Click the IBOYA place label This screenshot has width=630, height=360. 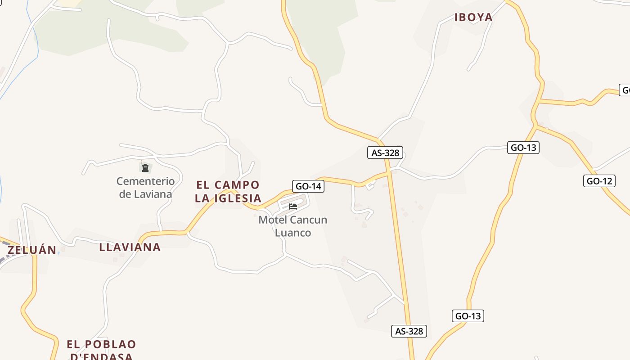[x=473, y=18]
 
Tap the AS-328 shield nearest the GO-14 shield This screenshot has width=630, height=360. [x=385, y=153]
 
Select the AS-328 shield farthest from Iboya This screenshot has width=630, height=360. [x=409, y=331]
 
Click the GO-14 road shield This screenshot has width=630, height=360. [x=308, y=186]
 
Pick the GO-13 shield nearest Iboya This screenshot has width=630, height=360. [x=523, y=147]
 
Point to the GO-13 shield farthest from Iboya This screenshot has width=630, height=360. [x=468, y=316]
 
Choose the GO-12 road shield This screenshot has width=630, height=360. [x=599, y=181]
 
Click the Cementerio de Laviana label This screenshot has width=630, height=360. [x=145, y=188]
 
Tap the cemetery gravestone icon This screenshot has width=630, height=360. [x=145, y=168]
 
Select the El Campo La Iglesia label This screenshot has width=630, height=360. [x=228, y=192]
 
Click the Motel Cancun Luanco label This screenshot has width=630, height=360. [x=293, y=226]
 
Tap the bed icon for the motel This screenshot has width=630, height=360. [x=293, y=207]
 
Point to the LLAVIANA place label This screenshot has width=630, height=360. [x=130, y=247]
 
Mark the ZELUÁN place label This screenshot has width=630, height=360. [x=32, y=250]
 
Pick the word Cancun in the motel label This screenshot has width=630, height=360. [x=309, y=220]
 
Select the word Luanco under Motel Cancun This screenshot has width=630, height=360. [x=293, y=233]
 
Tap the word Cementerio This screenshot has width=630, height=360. [x=145, y=181]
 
